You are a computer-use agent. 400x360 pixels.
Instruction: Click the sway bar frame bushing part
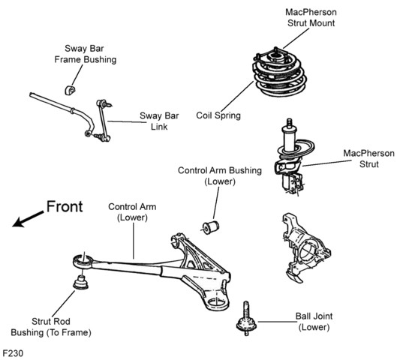[70, 90]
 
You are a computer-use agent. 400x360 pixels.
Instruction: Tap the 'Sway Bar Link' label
[159, 121]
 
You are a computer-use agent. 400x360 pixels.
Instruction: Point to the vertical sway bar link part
[103, 120]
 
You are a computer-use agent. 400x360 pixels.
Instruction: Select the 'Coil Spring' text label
[218, 115]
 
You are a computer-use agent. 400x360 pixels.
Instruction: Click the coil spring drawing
[279, 76]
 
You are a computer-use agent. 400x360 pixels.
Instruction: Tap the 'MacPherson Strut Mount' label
[311, 17]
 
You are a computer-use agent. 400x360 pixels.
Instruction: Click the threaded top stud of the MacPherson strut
[289, 123]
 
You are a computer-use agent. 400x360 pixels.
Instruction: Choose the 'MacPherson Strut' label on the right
[368, 158]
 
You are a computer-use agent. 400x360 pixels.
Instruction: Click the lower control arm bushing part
[211, 228]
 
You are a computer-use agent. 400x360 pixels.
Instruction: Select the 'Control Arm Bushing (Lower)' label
[220, 176]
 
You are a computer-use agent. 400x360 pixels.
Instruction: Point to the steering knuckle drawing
[305, 248]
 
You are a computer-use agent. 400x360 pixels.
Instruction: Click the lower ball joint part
[246, 319]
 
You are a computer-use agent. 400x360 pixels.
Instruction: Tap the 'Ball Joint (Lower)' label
[314, 322]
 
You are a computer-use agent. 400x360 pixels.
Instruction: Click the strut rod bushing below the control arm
[80, 282]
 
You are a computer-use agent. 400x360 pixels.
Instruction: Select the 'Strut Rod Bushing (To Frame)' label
[51, 327]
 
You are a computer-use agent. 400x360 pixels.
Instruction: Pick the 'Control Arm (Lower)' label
[132, 212]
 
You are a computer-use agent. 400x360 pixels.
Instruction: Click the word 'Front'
[65, 206]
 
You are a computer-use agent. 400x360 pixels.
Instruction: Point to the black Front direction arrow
[28, 219]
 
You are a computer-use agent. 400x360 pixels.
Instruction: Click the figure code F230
[13, 353]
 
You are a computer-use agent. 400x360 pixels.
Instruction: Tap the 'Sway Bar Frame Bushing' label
[86, 54]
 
